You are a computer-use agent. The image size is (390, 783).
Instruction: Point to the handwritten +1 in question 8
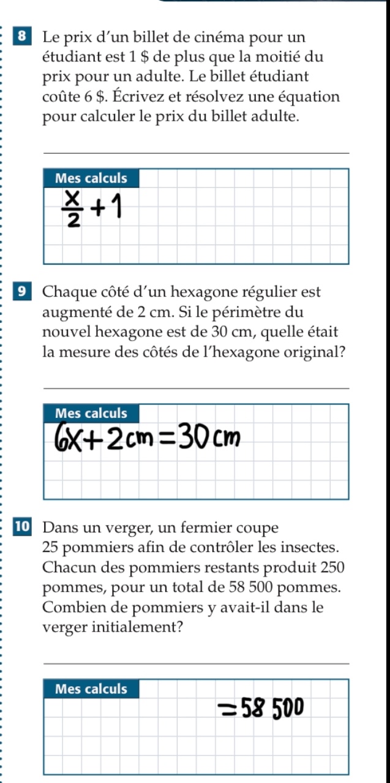(x=106, y=210)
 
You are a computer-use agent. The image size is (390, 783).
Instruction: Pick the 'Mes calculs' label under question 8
(x=91, y=179)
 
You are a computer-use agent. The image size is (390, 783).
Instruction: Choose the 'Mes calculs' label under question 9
(x=91, y=414)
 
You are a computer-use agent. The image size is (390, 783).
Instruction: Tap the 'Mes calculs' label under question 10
(x=91, y=689)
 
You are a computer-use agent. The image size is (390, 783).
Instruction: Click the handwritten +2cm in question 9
(x=126, y=439)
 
